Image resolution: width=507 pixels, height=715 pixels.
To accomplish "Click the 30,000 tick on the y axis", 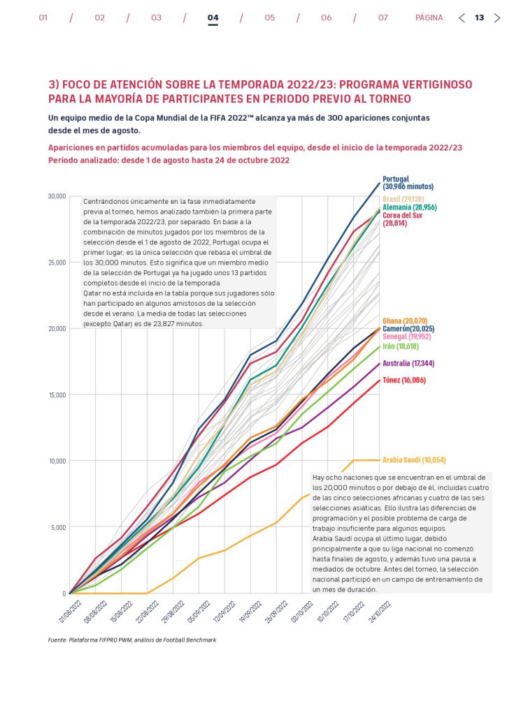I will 56,196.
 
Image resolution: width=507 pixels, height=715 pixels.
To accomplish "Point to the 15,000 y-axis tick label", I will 56,395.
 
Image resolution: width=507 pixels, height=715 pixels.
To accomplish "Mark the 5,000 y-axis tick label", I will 57,527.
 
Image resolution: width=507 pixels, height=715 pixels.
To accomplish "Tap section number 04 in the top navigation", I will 213,18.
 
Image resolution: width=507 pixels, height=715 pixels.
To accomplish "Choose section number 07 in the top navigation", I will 383,18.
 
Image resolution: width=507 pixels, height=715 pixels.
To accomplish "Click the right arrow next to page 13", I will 497,18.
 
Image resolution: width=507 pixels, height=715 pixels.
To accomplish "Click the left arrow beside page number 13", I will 462,18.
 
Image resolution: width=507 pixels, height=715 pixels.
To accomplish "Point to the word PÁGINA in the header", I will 429,18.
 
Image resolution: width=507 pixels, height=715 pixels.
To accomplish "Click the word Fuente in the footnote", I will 58,640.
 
